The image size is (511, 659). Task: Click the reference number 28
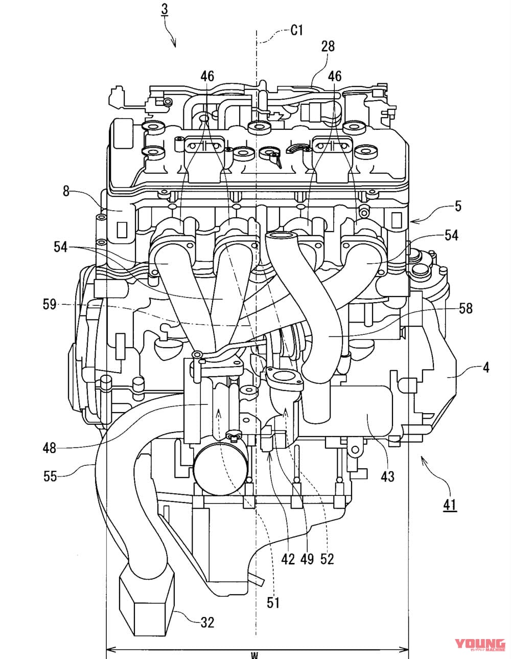328,47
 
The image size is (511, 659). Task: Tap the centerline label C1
296,31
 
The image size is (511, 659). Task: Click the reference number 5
458,206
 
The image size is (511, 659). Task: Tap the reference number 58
466,308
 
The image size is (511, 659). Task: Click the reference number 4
486,367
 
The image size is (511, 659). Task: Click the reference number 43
388,476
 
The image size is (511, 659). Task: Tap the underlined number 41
450,505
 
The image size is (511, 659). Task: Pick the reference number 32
207,622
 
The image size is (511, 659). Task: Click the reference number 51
273,603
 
